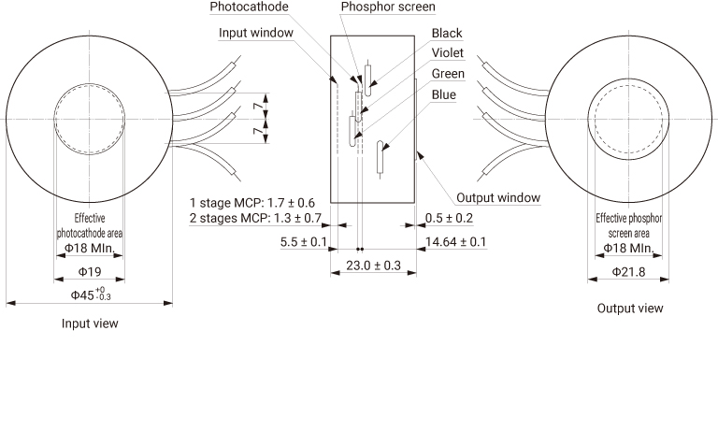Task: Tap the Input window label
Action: click(257, 33)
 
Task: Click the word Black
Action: click(447, 34)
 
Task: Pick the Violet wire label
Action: click(448, 53)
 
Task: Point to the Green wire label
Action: click(448, 73)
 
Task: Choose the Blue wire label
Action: click(444, 94)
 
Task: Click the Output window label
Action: click(498, 198)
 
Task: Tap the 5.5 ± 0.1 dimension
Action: click(304, 243)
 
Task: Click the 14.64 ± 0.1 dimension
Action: click(456, 243)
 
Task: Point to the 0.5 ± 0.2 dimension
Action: click(449, 218)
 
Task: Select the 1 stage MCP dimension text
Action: click(251, 203)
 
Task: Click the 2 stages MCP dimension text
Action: click(255, 218)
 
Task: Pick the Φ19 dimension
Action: click(89, 271)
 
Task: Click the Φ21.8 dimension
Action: click(628, 271)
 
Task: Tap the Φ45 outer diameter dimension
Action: click(90, 295)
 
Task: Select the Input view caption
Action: click(90, 323)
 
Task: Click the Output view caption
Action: click(630, 309)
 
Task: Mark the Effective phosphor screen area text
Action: click(628, 225)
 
